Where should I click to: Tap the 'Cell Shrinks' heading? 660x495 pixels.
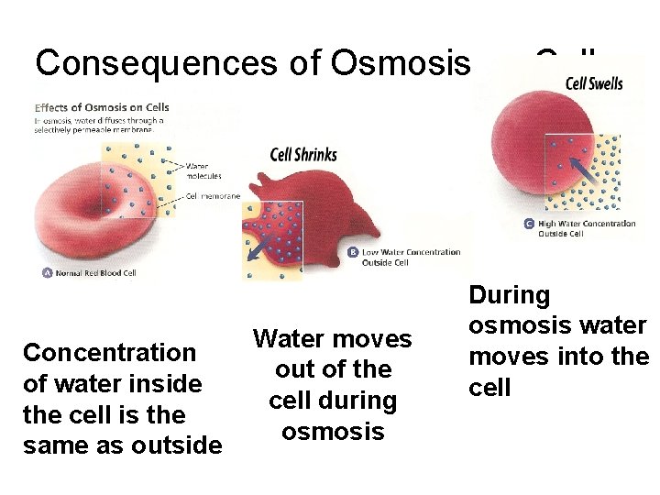(x=303, y=154)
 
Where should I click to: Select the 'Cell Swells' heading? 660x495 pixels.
(x=594, y=83)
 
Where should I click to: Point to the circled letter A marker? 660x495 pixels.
(x=48, y=271)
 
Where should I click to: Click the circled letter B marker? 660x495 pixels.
(x=354, y=252)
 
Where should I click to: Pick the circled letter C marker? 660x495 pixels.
(x=529, y=224)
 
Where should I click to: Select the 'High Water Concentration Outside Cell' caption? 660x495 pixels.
(x=587, y=228)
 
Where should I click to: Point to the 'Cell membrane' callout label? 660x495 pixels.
(x=213, y=196)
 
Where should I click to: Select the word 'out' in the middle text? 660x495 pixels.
(x=293, y=370)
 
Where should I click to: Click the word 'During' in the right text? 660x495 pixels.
(x=509, y=295)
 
